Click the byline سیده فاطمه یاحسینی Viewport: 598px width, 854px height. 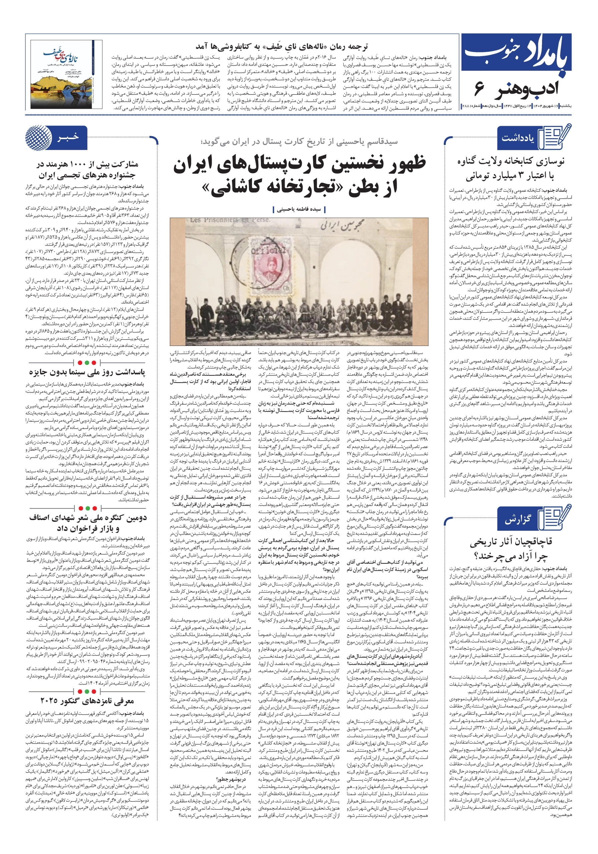298,209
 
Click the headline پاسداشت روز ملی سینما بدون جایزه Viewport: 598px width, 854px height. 87,372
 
